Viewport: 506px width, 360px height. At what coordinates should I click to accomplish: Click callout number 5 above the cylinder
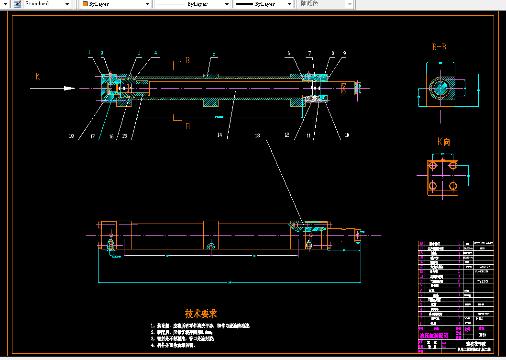pos(214,54)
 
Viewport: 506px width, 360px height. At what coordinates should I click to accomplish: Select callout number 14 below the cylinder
pos(220,135)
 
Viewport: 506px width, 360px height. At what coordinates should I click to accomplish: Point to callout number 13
pos(258,136)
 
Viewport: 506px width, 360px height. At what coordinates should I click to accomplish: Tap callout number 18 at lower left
pos(71,136)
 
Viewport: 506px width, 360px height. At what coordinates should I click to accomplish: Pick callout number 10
pos(347,136)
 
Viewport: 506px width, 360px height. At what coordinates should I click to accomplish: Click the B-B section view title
pos(439,47)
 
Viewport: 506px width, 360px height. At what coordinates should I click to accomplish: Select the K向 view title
pos(443,142)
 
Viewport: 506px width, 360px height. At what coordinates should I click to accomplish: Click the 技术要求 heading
pos(201,314)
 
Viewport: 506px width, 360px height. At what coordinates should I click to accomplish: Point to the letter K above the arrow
pos(37,76)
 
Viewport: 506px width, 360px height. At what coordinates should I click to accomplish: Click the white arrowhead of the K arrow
pos(70,88)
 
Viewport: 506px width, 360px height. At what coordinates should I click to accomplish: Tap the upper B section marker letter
pos(187,61)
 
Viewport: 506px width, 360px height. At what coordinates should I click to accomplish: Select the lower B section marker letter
pos(187,126)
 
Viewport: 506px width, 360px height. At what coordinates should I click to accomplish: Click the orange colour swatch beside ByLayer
pos(85,4)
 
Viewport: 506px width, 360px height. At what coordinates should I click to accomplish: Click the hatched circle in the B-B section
pos(440,89)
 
